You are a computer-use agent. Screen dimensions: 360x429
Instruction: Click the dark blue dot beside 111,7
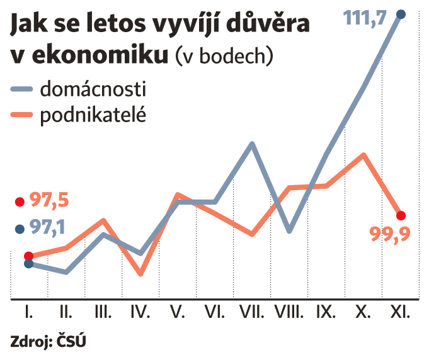[401, 14]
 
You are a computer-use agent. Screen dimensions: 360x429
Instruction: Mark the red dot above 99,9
[401, 215]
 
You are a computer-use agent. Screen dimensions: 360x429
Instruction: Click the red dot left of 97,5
[19, 202]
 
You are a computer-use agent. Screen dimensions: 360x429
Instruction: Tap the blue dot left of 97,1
[19, 229]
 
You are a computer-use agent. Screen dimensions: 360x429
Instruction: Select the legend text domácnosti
[93, 89]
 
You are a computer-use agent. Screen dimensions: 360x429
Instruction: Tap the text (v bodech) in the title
[224, 56]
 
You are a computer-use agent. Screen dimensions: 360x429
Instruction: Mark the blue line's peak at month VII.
[251, 144]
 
